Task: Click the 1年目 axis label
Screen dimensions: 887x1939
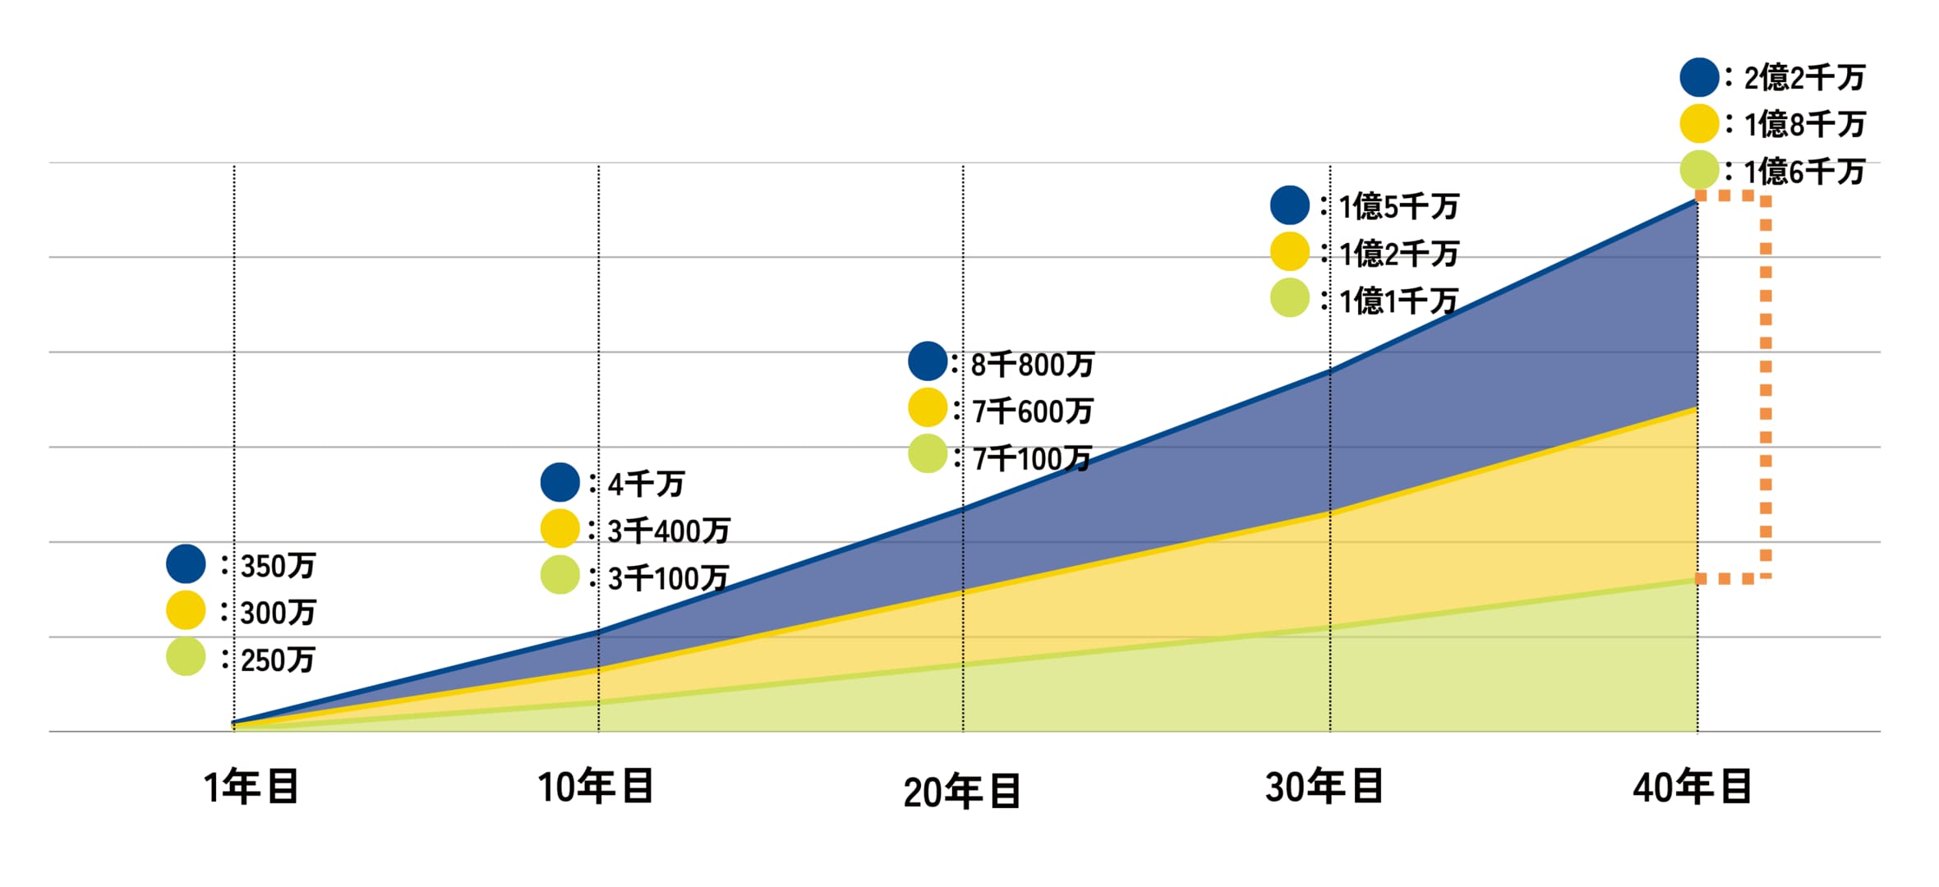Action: tap(251, 787)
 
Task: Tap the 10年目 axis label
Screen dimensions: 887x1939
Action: tap(596, 787)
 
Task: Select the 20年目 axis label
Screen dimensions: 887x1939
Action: tap(962, 792)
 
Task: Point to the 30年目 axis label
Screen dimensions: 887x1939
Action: tap(1324, 787)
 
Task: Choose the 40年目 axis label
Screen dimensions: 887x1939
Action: tap(1693, 787)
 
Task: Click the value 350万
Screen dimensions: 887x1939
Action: tap(279, 566)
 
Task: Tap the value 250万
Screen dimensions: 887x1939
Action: tap(279, 660)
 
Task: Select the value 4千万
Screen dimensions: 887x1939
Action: tap(647, 484)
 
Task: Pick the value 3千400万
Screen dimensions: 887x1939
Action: tap(669, 531)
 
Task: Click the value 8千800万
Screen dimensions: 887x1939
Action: tap(1033, 364)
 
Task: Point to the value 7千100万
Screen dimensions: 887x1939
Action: tap(1032, 458)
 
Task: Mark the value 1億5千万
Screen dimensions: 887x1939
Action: tap(1399, 206)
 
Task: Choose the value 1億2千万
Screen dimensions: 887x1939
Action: tap(1399, 254)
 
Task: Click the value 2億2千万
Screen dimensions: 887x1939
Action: tap(1804, 78)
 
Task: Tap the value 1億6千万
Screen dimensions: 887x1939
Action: tap(1804, 172)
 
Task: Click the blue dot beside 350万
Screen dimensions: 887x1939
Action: tap(186, 564)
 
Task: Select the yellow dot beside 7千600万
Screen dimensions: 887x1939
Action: tap(928, 407)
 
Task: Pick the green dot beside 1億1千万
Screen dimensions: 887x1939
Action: tap(1290, 298)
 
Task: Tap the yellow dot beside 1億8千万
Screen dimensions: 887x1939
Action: tap(1700, 124)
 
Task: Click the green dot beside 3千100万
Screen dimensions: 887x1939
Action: tap(560, 575)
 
